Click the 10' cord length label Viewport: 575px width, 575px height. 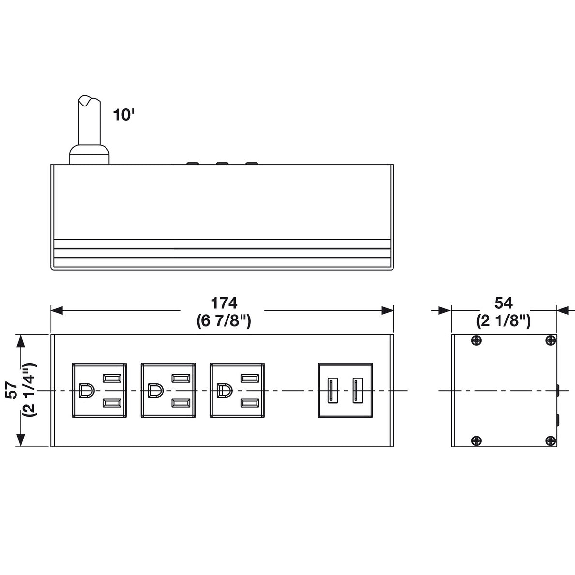pyautogui.click(x=123, y=115)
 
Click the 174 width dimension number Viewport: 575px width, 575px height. pyautogui.click(x=224, y=303)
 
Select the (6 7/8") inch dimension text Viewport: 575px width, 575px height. pyautogui.click(x=224, y=321)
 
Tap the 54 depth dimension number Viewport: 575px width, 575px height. pyautogui.click(x=503, y=303)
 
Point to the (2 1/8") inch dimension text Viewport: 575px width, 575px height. pyautogui.click(x=503, y=321)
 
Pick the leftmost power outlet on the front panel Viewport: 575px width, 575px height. pyautogui.click(x=99, y=390)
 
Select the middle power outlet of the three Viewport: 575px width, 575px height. pyautogui.click(x=168, y=390)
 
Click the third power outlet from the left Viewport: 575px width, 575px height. pyautogui.click(x=237, y=390)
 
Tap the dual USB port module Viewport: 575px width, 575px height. pyautogui.click(x=345, y=390)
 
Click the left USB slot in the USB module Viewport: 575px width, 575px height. pyautogui.click(x=332, y=391)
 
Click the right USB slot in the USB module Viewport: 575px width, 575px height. pyautogui.click(x=357, y=391)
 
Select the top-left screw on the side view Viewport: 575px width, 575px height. pyautogui.click(x=476, y=341)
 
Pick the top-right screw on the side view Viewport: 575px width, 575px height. pyautogui.click(x=550, y=341)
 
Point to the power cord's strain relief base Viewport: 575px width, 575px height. pyautogui.click(x=90, y=154)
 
